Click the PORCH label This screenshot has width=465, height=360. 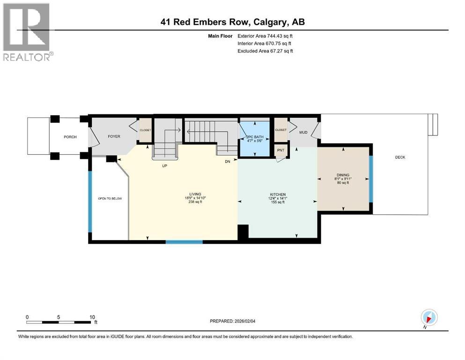tap(70, 137)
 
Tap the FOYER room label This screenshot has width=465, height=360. tap(114, 137)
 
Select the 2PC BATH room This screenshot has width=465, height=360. tap(254, 138)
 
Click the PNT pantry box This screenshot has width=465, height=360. tap(281, 150)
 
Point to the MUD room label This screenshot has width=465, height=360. tap(303, 133)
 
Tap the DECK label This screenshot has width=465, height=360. tap(399, 157)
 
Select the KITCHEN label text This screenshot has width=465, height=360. tap(277, 195)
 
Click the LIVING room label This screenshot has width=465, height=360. tap(195, 194)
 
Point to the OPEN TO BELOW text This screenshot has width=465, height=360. tap(110, 198)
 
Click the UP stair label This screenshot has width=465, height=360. tap(164, 165)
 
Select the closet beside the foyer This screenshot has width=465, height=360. tap(145, 130)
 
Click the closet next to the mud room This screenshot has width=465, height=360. tap(280, 130)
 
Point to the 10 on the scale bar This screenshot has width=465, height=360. tap(92, 316)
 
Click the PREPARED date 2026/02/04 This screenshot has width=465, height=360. tap(234, 321)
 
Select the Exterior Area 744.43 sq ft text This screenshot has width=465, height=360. tap(266, 36)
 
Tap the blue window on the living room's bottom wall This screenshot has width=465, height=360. tap(184, 242)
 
